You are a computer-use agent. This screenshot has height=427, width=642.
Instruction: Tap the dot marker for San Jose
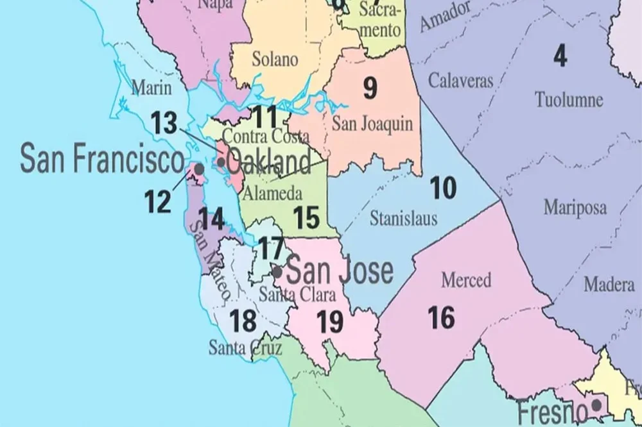(277, 271)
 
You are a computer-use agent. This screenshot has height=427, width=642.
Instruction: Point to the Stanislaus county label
(403, 219)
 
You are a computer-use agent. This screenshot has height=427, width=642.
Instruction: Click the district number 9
(370, 89)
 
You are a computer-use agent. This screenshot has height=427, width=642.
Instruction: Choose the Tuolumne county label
(569, 100)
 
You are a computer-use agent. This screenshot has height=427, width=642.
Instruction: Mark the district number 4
(560, 57)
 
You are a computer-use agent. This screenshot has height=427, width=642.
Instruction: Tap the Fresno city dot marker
(596, 405)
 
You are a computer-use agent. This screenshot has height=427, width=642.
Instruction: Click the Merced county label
(466, 280)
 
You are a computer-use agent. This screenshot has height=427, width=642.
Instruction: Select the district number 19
(330, 322)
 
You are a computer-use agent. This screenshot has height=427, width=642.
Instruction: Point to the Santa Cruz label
(236, 348)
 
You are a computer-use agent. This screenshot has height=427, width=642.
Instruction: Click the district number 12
(158, 202)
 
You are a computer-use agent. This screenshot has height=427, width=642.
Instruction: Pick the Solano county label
(275, 60)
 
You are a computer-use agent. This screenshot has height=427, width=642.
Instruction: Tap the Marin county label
(152, 88)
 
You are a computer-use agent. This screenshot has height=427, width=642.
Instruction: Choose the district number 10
(443, 188)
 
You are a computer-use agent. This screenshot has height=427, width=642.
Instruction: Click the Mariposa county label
(575, 208)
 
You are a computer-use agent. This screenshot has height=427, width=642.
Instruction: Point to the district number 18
(243, 321)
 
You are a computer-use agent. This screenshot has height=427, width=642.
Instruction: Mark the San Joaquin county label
(372, 124)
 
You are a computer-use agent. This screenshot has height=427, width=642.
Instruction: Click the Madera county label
(609, 285)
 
